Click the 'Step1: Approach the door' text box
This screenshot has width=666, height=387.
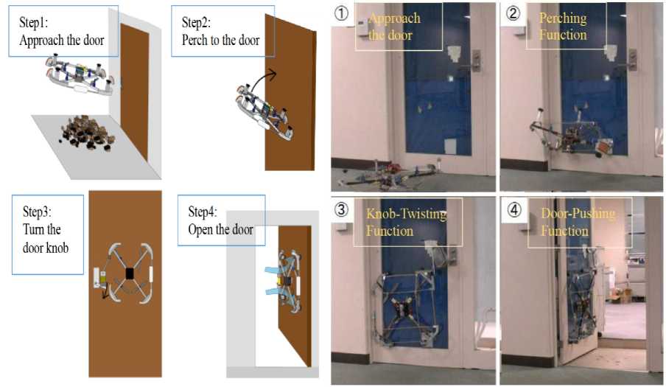pyautogui.click(x=64, y=32)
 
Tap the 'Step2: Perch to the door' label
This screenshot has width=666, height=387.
pyautogui.click(x=220, y=31)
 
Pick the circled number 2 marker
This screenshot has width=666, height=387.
pyautogui.click(x=512, y=13)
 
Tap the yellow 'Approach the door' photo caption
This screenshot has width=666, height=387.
pyautogui.click(x=398, y=27)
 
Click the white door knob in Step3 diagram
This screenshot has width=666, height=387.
pyautogui.click(x=104, y=279)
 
